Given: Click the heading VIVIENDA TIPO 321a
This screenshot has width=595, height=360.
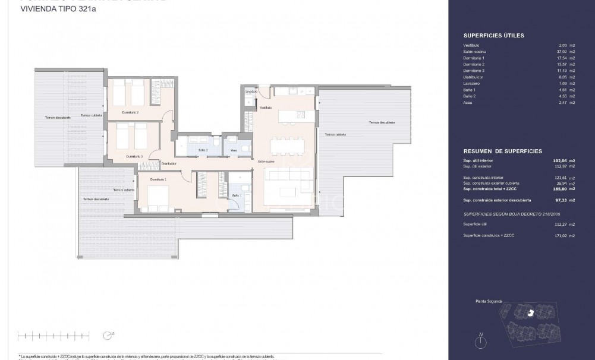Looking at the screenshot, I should [52, 10].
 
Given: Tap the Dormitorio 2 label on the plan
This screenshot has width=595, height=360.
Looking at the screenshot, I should [131, 112].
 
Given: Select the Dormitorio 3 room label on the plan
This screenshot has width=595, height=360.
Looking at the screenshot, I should [134, 156].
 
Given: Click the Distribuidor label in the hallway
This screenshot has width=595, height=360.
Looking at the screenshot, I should [168, 163].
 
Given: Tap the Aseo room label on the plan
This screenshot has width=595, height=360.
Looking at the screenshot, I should [234, 150].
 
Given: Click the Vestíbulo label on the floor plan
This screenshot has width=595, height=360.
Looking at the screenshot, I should [266, 108].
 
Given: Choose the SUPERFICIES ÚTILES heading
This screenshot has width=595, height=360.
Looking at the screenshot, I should [485, 36].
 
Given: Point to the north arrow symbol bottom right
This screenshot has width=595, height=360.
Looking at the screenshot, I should [481, 340].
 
